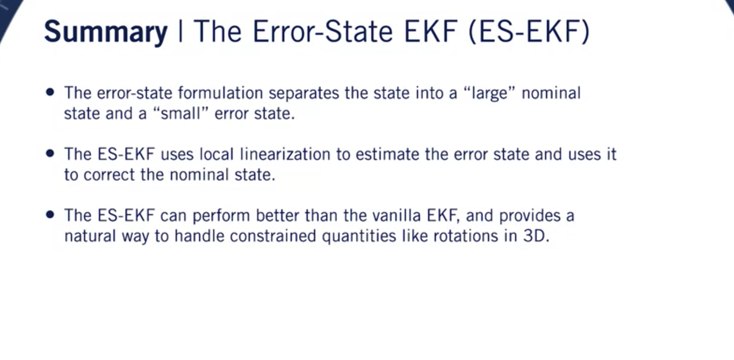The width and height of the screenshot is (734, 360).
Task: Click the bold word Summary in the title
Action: click(x=106, y=32)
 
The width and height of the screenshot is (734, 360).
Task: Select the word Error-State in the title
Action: click(x=323, y=32)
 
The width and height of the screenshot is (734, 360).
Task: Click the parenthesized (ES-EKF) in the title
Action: click(x=529, y=32)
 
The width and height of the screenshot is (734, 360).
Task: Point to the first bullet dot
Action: click(x=50, y=92)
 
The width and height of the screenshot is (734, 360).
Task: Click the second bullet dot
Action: click(x=50, y=153)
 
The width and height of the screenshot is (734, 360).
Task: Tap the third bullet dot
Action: click(x=50, y=215)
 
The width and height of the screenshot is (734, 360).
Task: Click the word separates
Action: click(x=304, y=93)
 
